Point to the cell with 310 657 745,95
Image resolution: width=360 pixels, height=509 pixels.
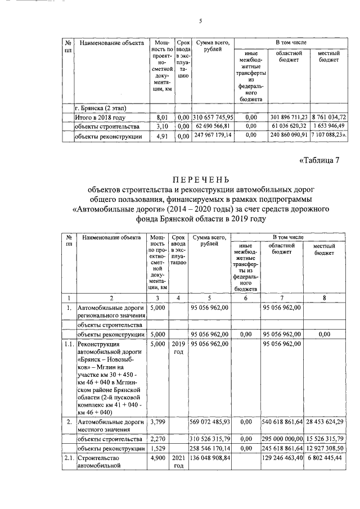(213, 117)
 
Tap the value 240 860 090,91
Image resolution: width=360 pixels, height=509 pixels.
(287, 136)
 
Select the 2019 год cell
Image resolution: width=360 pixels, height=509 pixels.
(178, 347)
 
